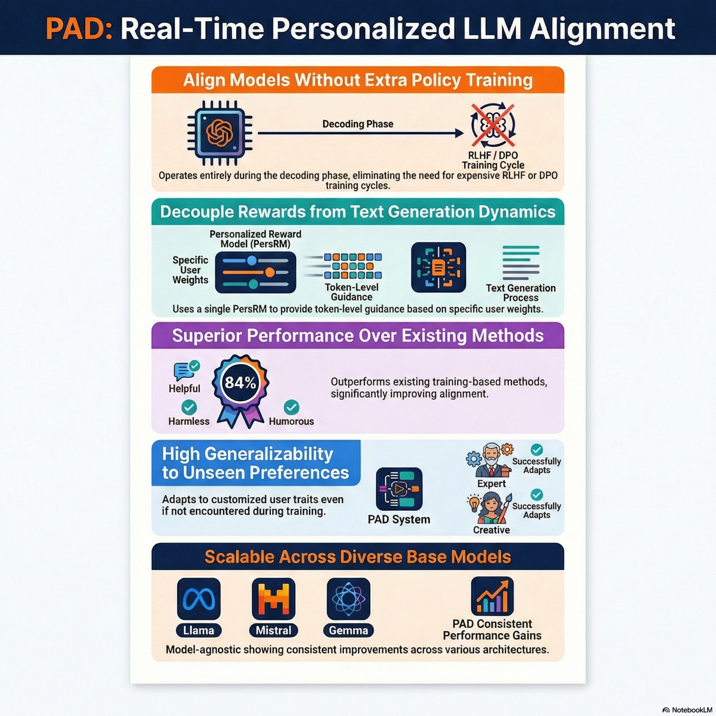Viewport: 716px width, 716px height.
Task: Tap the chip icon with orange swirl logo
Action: point(220,133)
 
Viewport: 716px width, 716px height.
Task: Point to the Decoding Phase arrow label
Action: point(358,124)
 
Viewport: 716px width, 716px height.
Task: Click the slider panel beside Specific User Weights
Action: point(255,272)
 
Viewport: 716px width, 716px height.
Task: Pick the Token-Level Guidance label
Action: point(351,292)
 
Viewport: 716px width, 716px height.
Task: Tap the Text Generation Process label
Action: point(521,293)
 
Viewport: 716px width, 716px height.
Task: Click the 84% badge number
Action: point(240,382)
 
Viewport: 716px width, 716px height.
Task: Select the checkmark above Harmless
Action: point(189,407)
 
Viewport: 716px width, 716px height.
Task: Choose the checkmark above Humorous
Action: point(291,407)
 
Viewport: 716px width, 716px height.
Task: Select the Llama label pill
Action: point(199,630)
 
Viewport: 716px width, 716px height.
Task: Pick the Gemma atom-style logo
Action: point(348,599)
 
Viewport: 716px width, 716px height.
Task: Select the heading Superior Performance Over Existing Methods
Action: point(358,335)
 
